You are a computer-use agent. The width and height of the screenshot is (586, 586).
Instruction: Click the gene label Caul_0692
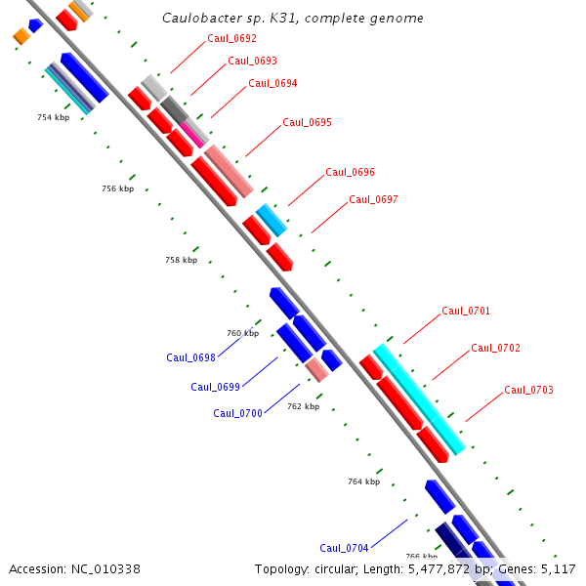pyautogui.click(x=232, y=39)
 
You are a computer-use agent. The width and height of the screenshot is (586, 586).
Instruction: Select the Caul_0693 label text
pyautogui.click(x=253, y=61)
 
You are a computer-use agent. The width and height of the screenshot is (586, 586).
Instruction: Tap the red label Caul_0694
pyautogui.click(x=272, y=83)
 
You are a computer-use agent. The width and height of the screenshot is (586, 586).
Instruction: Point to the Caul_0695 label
pyautogui.click(x=307, y=123)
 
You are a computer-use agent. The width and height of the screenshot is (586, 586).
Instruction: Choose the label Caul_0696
pyautogui.click(x=350, y=172)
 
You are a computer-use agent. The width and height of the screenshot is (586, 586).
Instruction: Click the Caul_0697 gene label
pyautogui.click(x=373, y=199)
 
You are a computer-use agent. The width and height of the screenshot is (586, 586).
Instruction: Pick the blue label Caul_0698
pyautogui.click(x=190, y=357)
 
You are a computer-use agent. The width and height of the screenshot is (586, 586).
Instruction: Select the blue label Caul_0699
pyautogui.click(x=215, y=387)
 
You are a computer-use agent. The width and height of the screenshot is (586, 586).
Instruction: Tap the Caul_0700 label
pyautogui.click(x=237, y=413)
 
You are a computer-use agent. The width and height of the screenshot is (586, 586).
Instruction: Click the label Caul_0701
pyautogui.click(x=466, y=311)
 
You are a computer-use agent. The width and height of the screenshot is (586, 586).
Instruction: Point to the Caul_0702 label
pyautogui.click(x=495, y=348)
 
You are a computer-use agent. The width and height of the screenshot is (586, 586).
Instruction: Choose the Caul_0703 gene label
pyautogui.click(x=528, y=391)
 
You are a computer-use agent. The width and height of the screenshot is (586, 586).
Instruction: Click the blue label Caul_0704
pyautogui.click(x=344, y=548)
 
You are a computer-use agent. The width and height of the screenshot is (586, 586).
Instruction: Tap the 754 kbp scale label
pyautogui.click(x=54, y=117)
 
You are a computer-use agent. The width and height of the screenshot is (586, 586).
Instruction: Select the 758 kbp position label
pyautogui.click(x=181, y=261)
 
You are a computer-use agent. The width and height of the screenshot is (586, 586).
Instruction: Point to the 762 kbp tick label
pyautogui.click(x=303, y=406)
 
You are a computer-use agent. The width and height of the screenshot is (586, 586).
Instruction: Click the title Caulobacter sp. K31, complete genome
pyautogui.click(x=292, y=19)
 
